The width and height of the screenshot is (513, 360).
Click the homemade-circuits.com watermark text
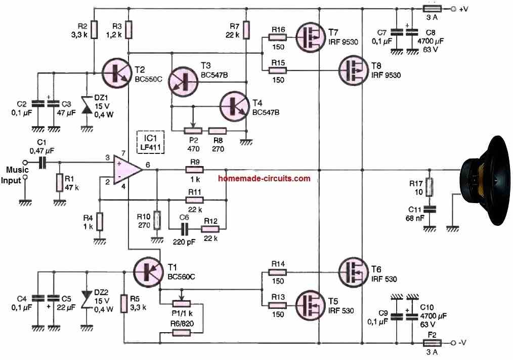coord(264,178)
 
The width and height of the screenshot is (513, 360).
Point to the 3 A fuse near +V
coord(432,9)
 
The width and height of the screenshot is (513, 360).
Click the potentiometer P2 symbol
coord(191,130)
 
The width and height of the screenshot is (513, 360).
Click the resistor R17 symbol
coord(430,186)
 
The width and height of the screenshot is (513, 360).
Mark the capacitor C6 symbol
coord(185,227)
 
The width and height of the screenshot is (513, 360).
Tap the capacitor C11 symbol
coord(430,209)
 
